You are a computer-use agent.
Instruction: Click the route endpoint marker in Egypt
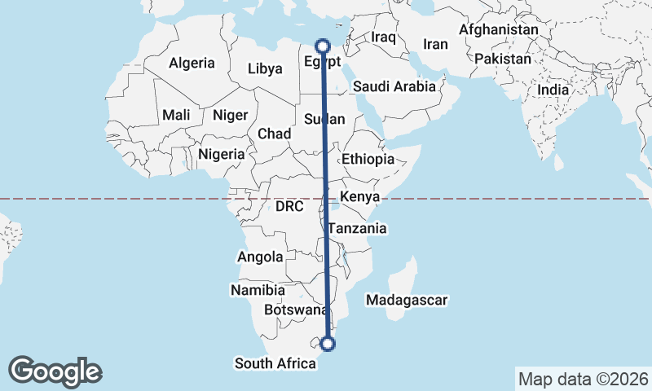click(x=322, y=46)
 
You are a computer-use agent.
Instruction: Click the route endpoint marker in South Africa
click(x=328, y=344)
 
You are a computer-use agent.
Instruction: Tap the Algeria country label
click(x=192, y=63)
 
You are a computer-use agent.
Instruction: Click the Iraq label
click(x=383, y=37)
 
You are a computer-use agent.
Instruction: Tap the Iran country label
click(x=436, y=44)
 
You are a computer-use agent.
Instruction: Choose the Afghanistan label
click(x=499, y=30)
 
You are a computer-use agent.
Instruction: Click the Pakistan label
click(x=502, y=59)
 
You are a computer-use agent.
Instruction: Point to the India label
click(x=553, y=90)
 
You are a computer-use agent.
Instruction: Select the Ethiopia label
click(x=368, y=159)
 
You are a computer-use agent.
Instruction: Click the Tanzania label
click(x=358, y=229)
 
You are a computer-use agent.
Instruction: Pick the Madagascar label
click(x=407, y=301)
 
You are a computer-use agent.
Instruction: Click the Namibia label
click(x=258, y=290)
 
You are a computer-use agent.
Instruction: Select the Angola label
click(x=260, y=257)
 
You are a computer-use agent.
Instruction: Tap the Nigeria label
click(x=221, y=153)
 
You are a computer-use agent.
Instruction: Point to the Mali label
click(x=176, y=115)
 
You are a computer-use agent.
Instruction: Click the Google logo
click(x=55, y=371)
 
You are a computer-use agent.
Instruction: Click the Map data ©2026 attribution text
click(x=583, y=379)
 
